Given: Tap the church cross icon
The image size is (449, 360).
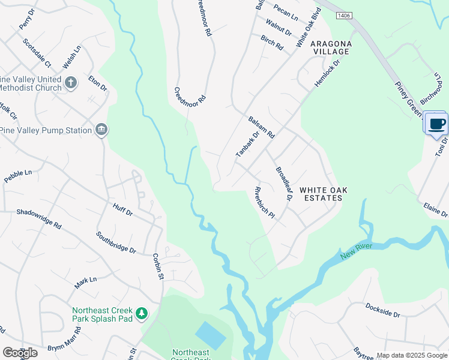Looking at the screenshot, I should click(71, 82).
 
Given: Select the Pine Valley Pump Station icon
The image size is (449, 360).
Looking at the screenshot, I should click(101, 130).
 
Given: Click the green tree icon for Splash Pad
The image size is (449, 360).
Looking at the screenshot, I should click(141, 313).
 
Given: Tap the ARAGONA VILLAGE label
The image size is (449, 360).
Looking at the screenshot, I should click(330, 48).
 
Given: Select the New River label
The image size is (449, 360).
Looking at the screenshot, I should click(357, 251).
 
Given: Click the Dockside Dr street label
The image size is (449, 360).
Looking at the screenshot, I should click(382, 310).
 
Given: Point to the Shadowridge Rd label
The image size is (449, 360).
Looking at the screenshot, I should click(39, 218).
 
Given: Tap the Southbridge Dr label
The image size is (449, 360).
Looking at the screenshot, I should click(116, 242).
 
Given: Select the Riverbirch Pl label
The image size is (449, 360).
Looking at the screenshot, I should click(264, 204).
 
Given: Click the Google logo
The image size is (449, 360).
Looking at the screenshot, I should click(20, 352).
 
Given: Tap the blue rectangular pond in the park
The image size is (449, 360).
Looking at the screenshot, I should click(211, 335).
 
